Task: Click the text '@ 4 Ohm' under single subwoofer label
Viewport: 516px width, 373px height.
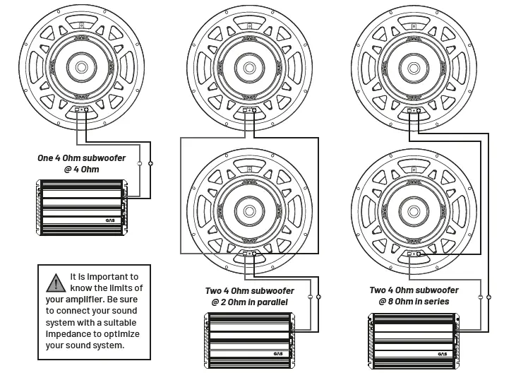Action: point(82,170)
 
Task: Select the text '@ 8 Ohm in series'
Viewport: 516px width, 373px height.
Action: point(409,302)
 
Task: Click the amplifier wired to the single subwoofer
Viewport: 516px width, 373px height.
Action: point(80,207)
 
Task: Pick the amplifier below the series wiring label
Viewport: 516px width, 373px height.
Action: point(412,341)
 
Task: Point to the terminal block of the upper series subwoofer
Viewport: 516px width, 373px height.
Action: point(412,111)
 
